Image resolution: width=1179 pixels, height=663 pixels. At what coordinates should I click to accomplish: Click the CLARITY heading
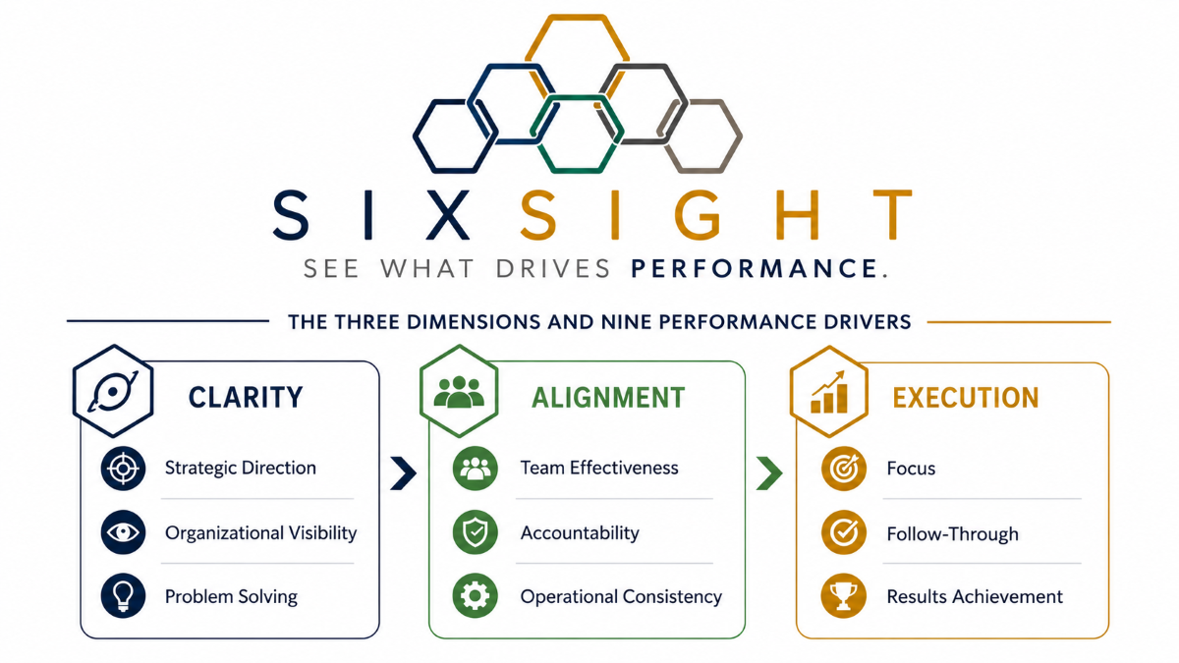(246, 397)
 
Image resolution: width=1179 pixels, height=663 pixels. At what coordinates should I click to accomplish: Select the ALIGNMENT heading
(608, 398)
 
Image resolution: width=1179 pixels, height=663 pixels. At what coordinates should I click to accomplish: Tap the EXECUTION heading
(965, 398)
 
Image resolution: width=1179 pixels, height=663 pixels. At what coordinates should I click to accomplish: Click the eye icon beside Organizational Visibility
(123, 532)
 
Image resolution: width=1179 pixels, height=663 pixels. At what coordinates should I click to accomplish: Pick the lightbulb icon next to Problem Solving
(123, 595)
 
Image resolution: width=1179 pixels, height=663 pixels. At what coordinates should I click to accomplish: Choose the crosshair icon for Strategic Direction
(123, 469)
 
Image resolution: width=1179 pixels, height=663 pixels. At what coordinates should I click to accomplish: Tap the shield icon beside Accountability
(475, 532)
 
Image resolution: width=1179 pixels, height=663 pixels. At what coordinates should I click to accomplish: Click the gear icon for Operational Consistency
(475, 595)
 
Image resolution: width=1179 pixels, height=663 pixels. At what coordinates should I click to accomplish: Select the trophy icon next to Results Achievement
(843, 595)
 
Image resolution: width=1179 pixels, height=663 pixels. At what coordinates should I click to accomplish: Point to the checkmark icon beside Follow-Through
(843, 532)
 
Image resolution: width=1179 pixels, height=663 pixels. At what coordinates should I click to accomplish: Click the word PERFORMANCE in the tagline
(754, 268)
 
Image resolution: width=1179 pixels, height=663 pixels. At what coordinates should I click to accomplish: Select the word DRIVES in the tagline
(553, 268)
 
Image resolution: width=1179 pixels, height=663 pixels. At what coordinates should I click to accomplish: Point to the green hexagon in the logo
(577, 135)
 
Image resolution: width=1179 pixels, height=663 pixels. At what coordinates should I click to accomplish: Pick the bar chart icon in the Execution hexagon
(828, 392)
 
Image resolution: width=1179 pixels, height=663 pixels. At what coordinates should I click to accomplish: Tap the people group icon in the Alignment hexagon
(459, 392)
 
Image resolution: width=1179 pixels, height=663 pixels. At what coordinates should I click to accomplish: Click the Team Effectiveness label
(599, 468)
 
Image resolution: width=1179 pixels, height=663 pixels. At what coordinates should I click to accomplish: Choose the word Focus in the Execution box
(911, 469)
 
